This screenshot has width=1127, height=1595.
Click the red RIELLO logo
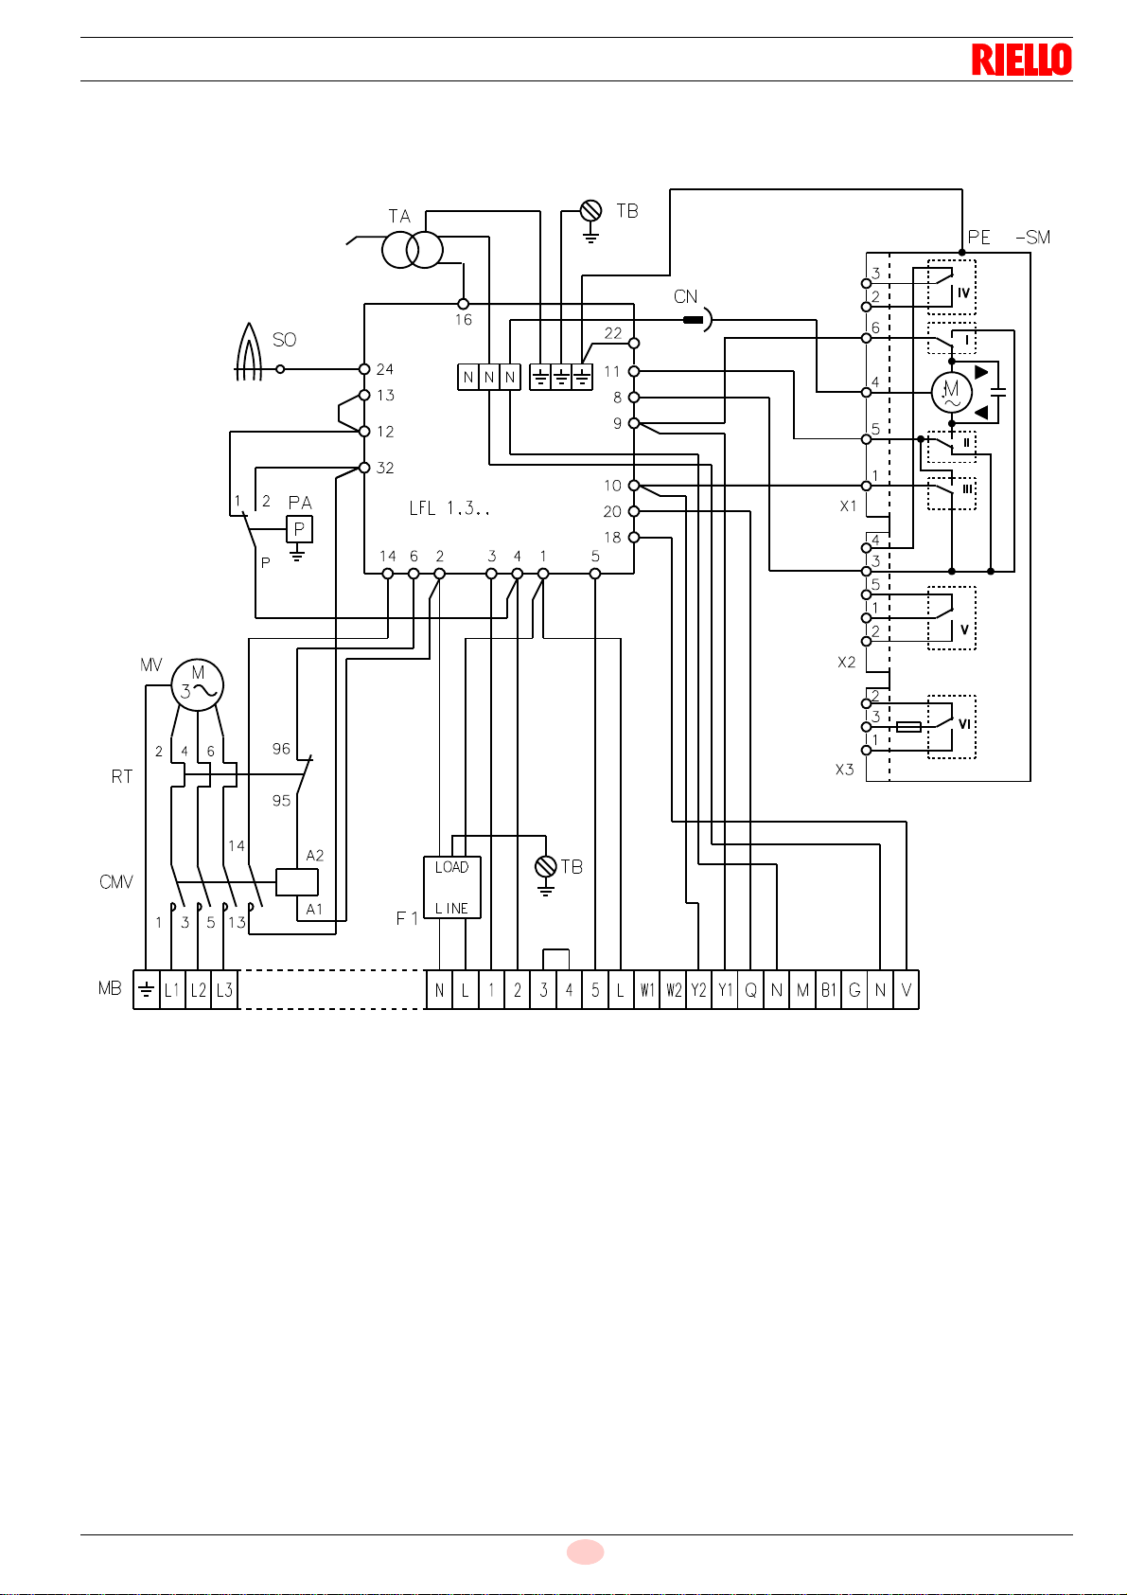click(x=1022, y=59)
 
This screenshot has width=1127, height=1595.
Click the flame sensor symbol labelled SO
click(x=249, y=352)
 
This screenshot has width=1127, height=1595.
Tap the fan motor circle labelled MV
click(x=197, y=685)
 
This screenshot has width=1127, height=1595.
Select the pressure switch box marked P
click(x=299, y=529)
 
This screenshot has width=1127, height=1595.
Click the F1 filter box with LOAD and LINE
click(x=452, y=887)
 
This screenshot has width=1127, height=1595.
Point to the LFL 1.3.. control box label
click(x=449, y=508)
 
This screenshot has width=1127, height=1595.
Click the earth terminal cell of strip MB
click(x=146, y=990)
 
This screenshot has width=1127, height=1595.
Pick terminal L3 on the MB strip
click(x=224, y=990)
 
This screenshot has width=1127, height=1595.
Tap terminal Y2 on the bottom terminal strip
click(x=698, y=990)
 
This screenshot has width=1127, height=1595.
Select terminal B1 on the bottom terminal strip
click(x=828, y=990)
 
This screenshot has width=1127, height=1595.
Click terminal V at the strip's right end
click(x=907, y=990)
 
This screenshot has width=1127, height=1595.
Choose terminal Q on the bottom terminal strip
click(x=750, y=990)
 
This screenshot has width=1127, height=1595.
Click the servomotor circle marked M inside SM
click(x=952, y=392)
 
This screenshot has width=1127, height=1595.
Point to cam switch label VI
click(x=964, y=724)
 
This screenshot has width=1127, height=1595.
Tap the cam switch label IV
click(x=963, y=292)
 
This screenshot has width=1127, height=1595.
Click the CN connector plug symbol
click(x=697, y=320)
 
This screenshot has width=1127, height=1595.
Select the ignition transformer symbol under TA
click(x=413, y=250)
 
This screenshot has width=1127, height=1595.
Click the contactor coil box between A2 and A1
click(x=297, y=882)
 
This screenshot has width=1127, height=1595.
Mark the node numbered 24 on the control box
click(x=364, y=369)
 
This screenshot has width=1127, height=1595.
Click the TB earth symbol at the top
click(x=590, y=221)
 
